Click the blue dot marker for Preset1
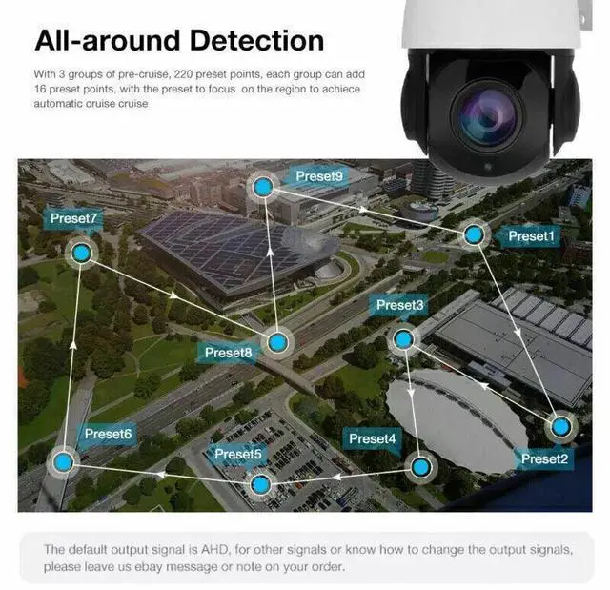point(474,234)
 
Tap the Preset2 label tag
point(544,458)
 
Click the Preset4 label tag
point(372,438)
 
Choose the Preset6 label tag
point(108,434)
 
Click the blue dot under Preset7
point(81,253)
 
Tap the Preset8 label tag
point(229,353)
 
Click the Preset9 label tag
point(319,176)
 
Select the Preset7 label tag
point(74,218)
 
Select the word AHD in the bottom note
point(210,550)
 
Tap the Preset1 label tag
point(530,235)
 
